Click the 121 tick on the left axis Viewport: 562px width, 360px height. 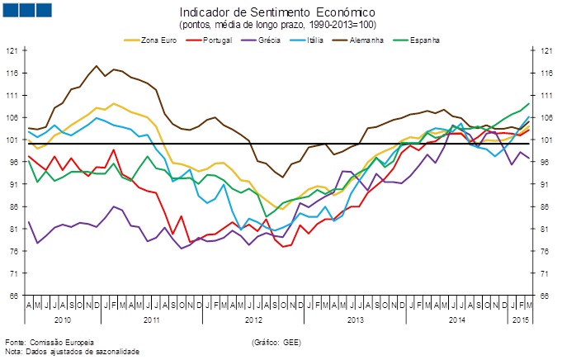[12, 51]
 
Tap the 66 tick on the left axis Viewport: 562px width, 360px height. [12, 296]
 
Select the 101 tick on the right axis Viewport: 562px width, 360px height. [545, 140]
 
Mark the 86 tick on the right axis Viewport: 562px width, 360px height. [545, 207]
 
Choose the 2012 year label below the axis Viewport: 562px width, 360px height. [253, 319]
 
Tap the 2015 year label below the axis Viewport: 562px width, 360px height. [520, 319]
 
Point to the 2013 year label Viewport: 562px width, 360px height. [356, 319]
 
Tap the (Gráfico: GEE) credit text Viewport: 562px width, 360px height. [276, 341]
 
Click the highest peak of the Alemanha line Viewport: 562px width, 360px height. [97, 66]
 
